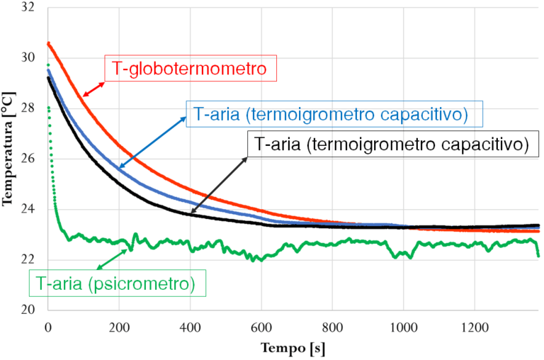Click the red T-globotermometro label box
tap(190, 69)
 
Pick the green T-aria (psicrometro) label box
tap(117, 283)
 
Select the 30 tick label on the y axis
tap(30, 57)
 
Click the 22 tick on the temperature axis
tap(30, 259)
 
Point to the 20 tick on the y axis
tap(30, 310)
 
